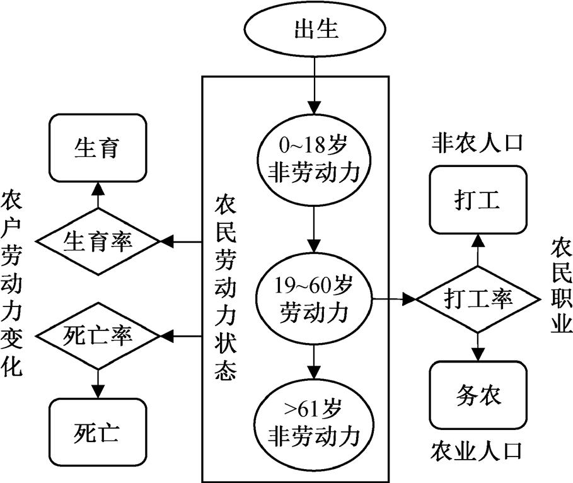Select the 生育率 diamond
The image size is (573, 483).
click(97, 241)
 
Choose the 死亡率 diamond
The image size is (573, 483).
click(97, 334)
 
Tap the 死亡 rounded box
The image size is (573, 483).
click(97, 432)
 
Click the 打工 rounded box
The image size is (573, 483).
click(477, 200)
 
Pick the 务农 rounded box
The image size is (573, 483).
click(477, 395)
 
